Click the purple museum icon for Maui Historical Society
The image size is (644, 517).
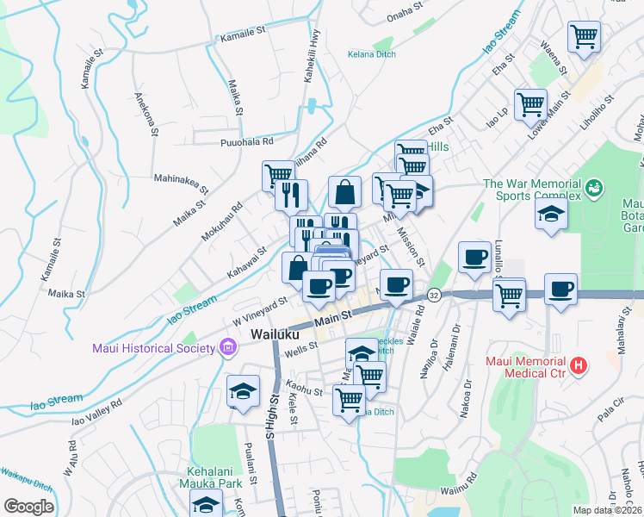228,348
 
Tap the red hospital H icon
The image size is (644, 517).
579,366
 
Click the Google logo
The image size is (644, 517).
28,507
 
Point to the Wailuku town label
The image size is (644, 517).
274,334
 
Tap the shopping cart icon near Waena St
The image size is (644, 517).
585,37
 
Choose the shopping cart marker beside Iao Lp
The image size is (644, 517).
530,104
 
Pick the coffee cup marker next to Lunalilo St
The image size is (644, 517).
474,257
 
